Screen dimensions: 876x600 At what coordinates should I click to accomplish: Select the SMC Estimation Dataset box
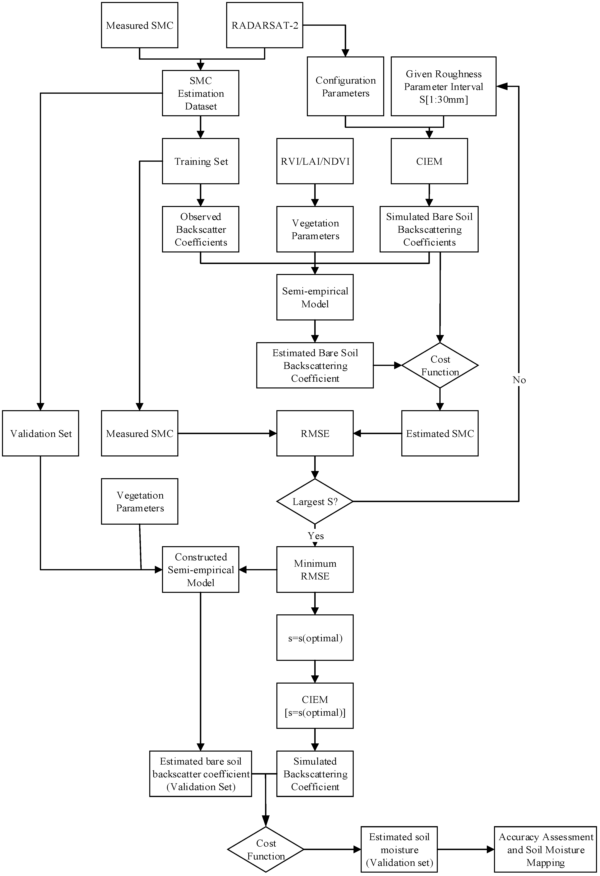pos(200,93)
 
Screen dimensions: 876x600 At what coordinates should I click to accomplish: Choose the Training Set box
pos(200,161)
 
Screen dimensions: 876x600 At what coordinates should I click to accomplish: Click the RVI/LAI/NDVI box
pos(315,161)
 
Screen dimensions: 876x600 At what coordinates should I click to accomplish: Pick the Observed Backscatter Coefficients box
pos(200,229)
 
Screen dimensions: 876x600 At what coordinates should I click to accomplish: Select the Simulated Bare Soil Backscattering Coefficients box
pos(429,229)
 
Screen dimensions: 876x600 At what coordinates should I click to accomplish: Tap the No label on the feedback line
pos(519,380)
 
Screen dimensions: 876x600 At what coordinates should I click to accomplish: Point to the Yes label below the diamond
pos(316,536)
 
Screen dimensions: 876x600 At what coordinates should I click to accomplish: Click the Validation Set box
pos(41,434)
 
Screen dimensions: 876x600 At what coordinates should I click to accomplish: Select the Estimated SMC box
pos(440,434)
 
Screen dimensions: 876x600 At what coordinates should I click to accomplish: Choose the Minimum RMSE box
pos(315,570)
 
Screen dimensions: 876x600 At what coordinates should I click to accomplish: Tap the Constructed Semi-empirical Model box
pos(200,570)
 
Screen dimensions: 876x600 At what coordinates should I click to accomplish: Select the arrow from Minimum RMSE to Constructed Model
pos(258,570)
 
